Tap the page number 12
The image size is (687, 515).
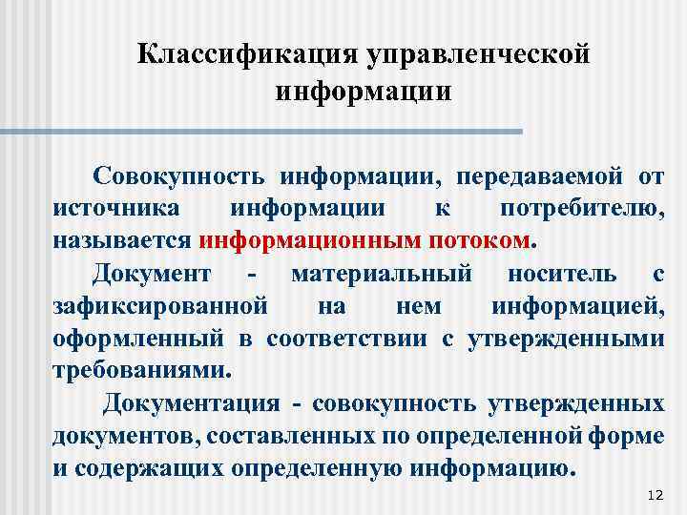click(x=654, y=495)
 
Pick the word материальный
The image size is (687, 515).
click(x=381, y=275)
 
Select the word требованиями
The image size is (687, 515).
click(x=141, y=369)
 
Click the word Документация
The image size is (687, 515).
click(x=191, y=403)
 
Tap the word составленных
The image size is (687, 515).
click(x=286, y=435)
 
